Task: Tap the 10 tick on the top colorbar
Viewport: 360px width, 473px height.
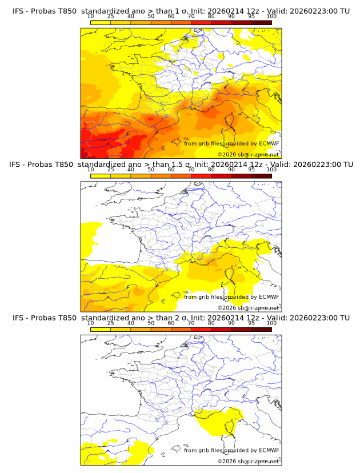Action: coord(91,16)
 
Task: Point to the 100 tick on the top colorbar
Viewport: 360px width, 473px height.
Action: coord(271,16)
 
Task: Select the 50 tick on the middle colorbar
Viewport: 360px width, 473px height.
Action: coord(151,170)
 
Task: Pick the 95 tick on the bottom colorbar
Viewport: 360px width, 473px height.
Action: coord(251,323)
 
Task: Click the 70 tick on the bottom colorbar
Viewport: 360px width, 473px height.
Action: coord(191,323)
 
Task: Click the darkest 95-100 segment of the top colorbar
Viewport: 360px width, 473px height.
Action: coord(261,22)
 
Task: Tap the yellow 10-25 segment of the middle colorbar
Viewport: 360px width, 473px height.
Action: coord(101,176)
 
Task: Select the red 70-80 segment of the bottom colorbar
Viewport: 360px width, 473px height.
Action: coord(201,329)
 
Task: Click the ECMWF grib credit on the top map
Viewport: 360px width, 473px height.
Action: coord(231,143)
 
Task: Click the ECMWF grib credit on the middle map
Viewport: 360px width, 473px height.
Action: coord(231,296)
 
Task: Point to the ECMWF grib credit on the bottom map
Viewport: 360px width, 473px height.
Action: coord(231,450)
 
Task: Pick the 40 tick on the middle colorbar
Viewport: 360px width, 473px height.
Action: coord(131,170)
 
